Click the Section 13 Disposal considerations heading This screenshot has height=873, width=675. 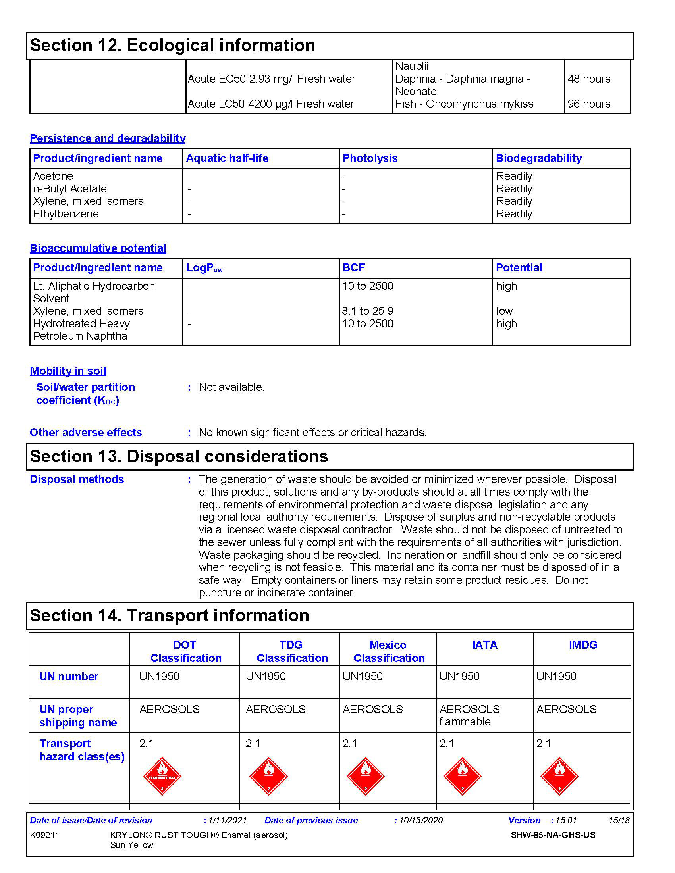click(179, 456)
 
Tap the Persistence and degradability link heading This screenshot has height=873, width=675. click(108, 138)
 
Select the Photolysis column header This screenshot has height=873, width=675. click(370, 158)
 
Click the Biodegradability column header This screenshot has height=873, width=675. click(539, 158)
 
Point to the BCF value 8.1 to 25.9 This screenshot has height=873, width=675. click(368, 311)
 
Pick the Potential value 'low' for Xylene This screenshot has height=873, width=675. click(504, 311)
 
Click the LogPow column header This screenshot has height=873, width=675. click(204, 268)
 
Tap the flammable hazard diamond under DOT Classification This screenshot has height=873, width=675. click(162, 776)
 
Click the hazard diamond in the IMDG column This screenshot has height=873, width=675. click(559, 776)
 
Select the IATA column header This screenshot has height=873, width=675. click(485, 645)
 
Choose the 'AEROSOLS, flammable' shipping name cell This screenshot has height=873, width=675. click(471, 715)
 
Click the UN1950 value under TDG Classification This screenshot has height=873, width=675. click(266, 676)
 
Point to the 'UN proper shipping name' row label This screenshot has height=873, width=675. click(78, 716)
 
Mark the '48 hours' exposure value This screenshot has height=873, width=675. click(589, 79)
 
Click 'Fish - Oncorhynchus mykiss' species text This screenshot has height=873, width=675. click(464, 104)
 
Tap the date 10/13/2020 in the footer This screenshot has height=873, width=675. click(420, 821)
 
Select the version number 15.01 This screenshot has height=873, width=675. click(566, 821)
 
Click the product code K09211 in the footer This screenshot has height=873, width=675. click(45, 835)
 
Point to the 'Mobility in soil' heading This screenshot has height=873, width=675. click(68, 371)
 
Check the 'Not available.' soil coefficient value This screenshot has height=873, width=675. click(231, 387)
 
